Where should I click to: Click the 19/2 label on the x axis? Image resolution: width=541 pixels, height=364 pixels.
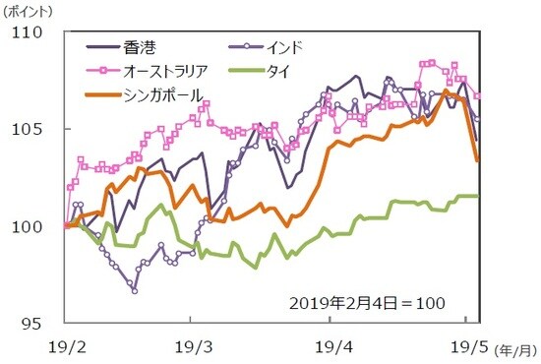pyautogui.click(x=64, y=347)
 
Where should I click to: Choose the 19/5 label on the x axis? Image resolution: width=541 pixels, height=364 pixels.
pyautogui.click(x=468, y=347)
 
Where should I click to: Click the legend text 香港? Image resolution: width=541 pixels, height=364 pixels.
pyautogui.click(x=140, y=47)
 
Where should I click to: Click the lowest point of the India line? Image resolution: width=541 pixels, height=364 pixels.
pyautogui.click(x=135, y=290)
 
